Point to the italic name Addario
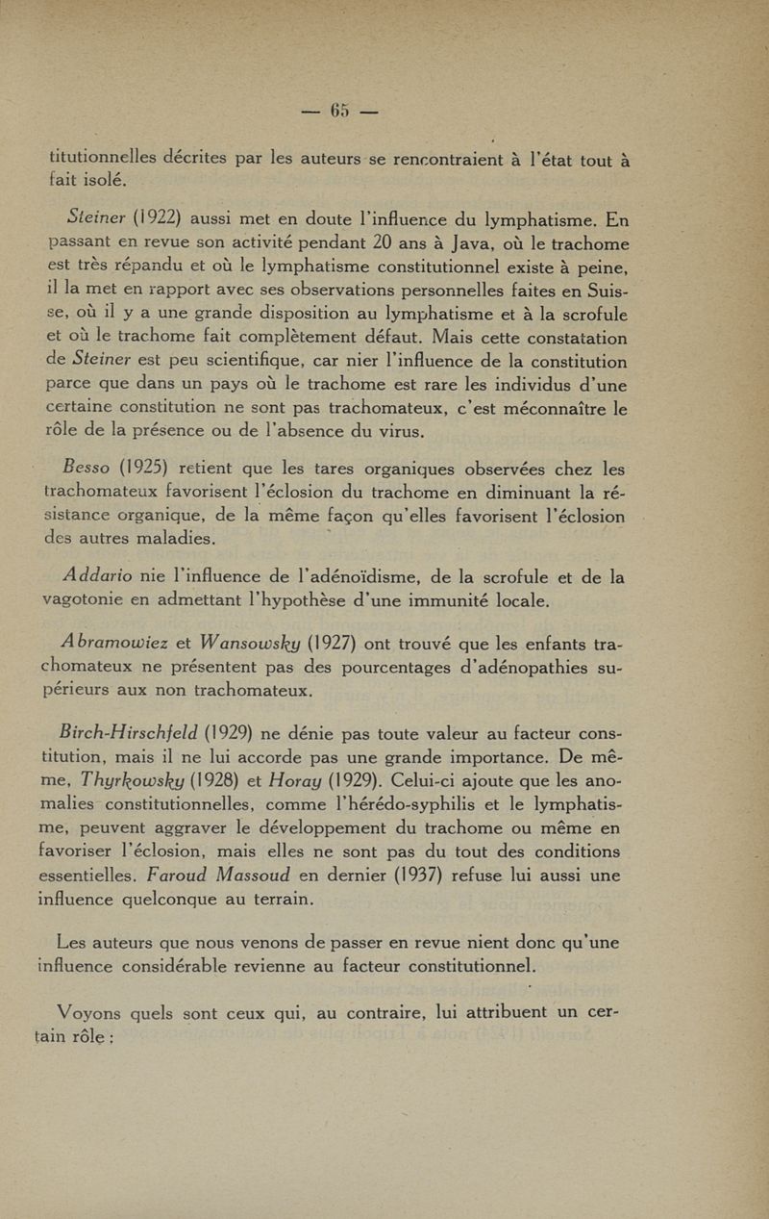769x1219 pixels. coord(99,577)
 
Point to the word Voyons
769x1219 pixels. coord(91,1010)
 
